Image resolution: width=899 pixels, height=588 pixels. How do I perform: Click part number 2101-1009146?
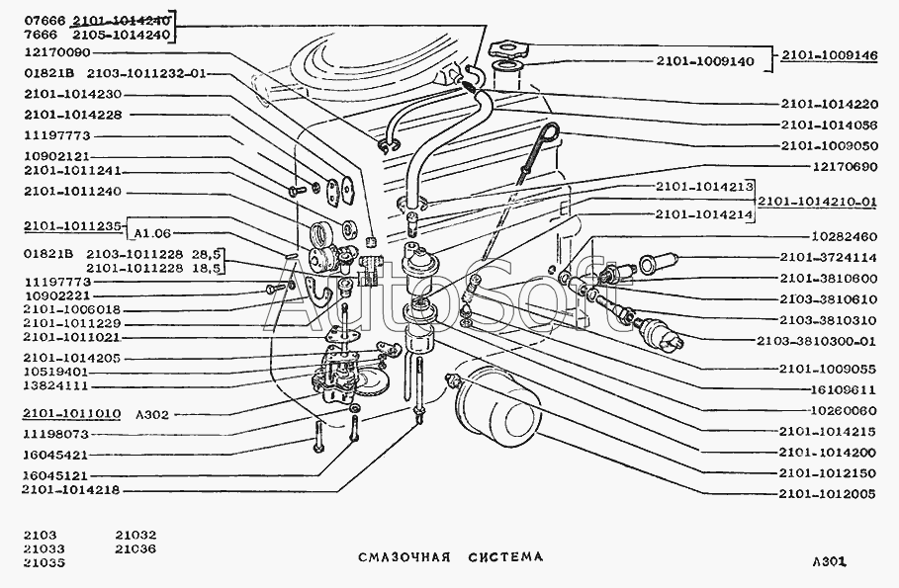pos(829,55)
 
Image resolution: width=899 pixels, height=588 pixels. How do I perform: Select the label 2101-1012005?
pos(827,493)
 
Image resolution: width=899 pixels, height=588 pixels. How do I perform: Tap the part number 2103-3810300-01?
pos(816,341)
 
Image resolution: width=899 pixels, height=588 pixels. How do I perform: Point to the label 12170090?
pos(57,52)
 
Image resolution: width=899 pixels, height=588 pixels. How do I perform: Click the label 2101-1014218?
pos(70,490)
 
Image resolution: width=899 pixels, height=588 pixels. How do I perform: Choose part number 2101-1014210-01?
pos(817,202)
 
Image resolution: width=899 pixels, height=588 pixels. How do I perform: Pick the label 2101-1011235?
pos(73,226)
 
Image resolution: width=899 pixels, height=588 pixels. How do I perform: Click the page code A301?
pos(829,562)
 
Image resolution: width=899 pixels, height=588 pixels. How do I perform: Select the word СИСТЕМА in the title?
pos(505,556)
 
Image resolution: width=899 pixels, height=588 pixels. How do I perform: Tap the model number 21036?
pos(135,549)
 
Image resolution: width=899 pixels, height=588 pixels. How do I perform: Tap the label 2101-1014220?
pos(829,104)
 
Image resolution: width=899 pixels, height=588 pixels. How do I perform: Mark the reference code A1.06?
pos(152,233)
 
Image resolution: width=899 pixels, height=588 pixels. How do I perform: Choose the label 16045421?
pos(55,455)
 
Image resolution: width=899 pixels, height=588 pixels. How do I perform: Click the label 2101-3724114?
pos(828,258)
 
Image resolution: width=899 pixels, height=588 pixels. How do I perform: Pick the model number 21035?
pos(45,562)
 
